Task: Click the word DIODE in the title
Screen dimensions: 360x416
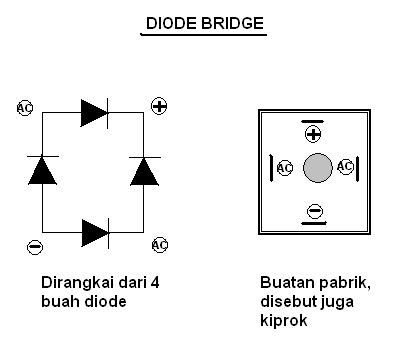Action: pyautogui.click(x=171, y=22)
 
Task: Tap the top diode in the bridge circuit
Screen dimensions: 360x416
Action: pyautogui.click(x=94, y=113)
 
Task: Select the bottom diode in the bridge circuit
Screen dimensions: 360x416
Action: pyautogui.click(x=94, y=232)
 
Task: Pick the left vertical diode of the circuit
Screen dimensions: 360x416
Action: pyautogui.click(x=42, y=171)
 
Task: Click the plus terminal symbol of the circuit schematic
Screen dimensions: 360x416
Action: pyautogui.click(x=159, y=105)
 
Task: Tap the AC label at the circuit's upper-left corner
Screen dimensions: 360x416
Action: pyautogui.click(x=26, y=107)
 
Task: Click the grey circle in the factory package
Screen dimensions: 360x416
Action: pyautogui.click(x=316, y=168)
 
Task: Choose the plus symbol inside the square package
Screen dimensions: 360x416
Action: pyautogui.click(x=313, y=133)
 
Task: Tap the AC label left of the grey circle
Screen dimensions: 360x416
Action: pyautogui.click(x=285, y=168)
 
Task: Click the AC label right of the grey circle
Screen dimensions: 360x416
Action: pyautogui.click(x=346, y=167)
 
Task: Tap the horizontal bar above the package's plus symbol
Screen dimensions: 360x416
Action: pyautogui.click(x=313, y=119)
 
